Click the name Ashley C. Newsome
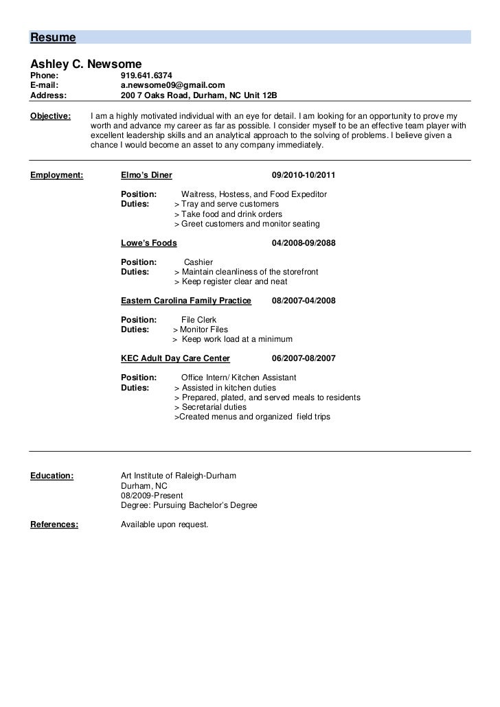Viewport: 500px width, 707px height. (86, 62)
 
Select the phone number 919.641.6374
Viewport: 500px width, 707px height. (146, 75)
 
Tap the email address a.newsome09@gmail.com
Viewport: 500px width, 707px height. (172, 85)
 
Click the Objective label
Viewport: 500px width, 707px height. (51, 116)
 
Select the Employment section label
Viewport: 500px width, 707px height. (57, 175)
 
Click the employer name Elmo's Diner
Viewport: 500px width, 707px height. (146, 175)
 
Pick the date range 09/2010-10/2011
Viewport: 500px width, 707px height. (304, 175)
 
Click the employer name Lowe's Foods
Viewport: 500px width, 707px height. (148, 243)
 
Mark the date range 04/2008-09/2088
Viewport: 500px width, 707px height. (304, 243)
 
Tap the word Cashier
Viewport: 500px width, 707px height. (198, 262)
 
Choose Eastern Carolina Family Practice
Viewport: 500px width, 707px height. (185, 301)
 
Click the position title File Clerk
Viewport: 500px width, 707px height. (198, 320)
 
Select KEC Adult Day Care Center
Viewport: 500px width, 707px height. (175, 358)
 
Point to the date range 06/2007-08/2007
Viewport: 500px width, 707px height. (304, 358)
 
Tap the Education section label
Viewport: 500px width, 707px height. (52, 476)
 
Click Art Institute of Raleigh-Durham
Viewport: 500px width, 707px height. (178, 476)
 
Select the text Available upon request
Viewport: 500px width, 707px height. (164, 525)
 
